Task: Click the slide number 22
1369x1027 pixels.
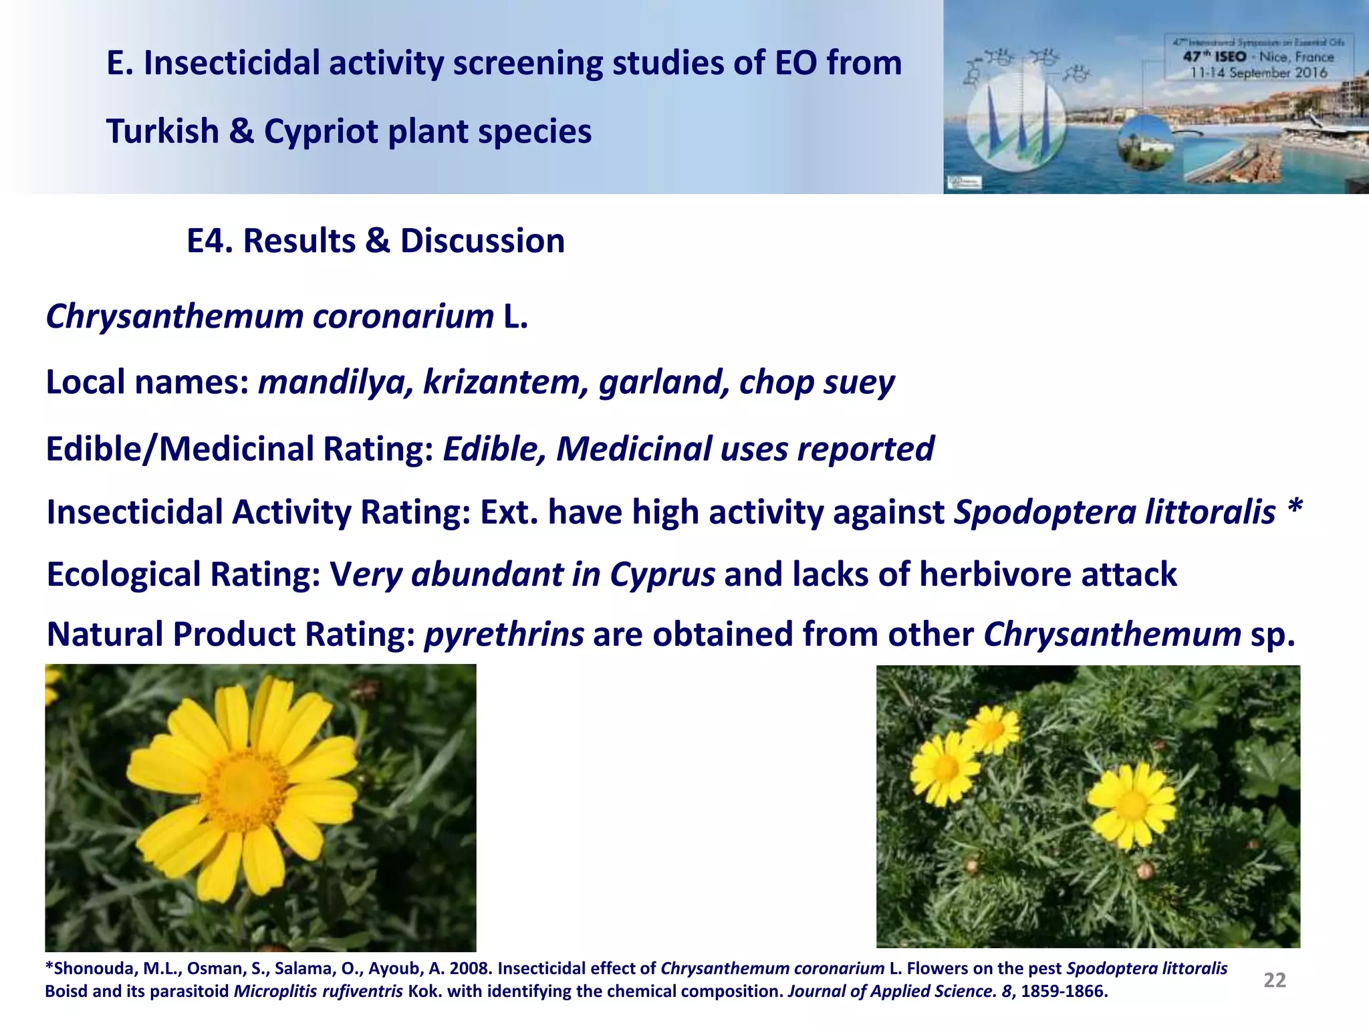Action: (1274, 980)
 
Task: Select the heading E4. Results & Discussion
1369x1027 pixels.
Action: (375, 241)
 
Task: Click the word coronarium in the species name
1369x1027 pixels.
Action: (403, 316)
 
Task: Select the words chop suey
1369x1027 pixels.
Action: (816, 382)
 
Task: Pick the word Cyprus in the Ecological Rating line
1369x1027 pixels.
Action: (662, 574)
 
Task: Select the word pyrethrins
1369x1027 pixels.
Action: (504, 635)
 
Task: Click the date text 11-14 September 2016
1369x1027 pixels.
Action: (1258, 73)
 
